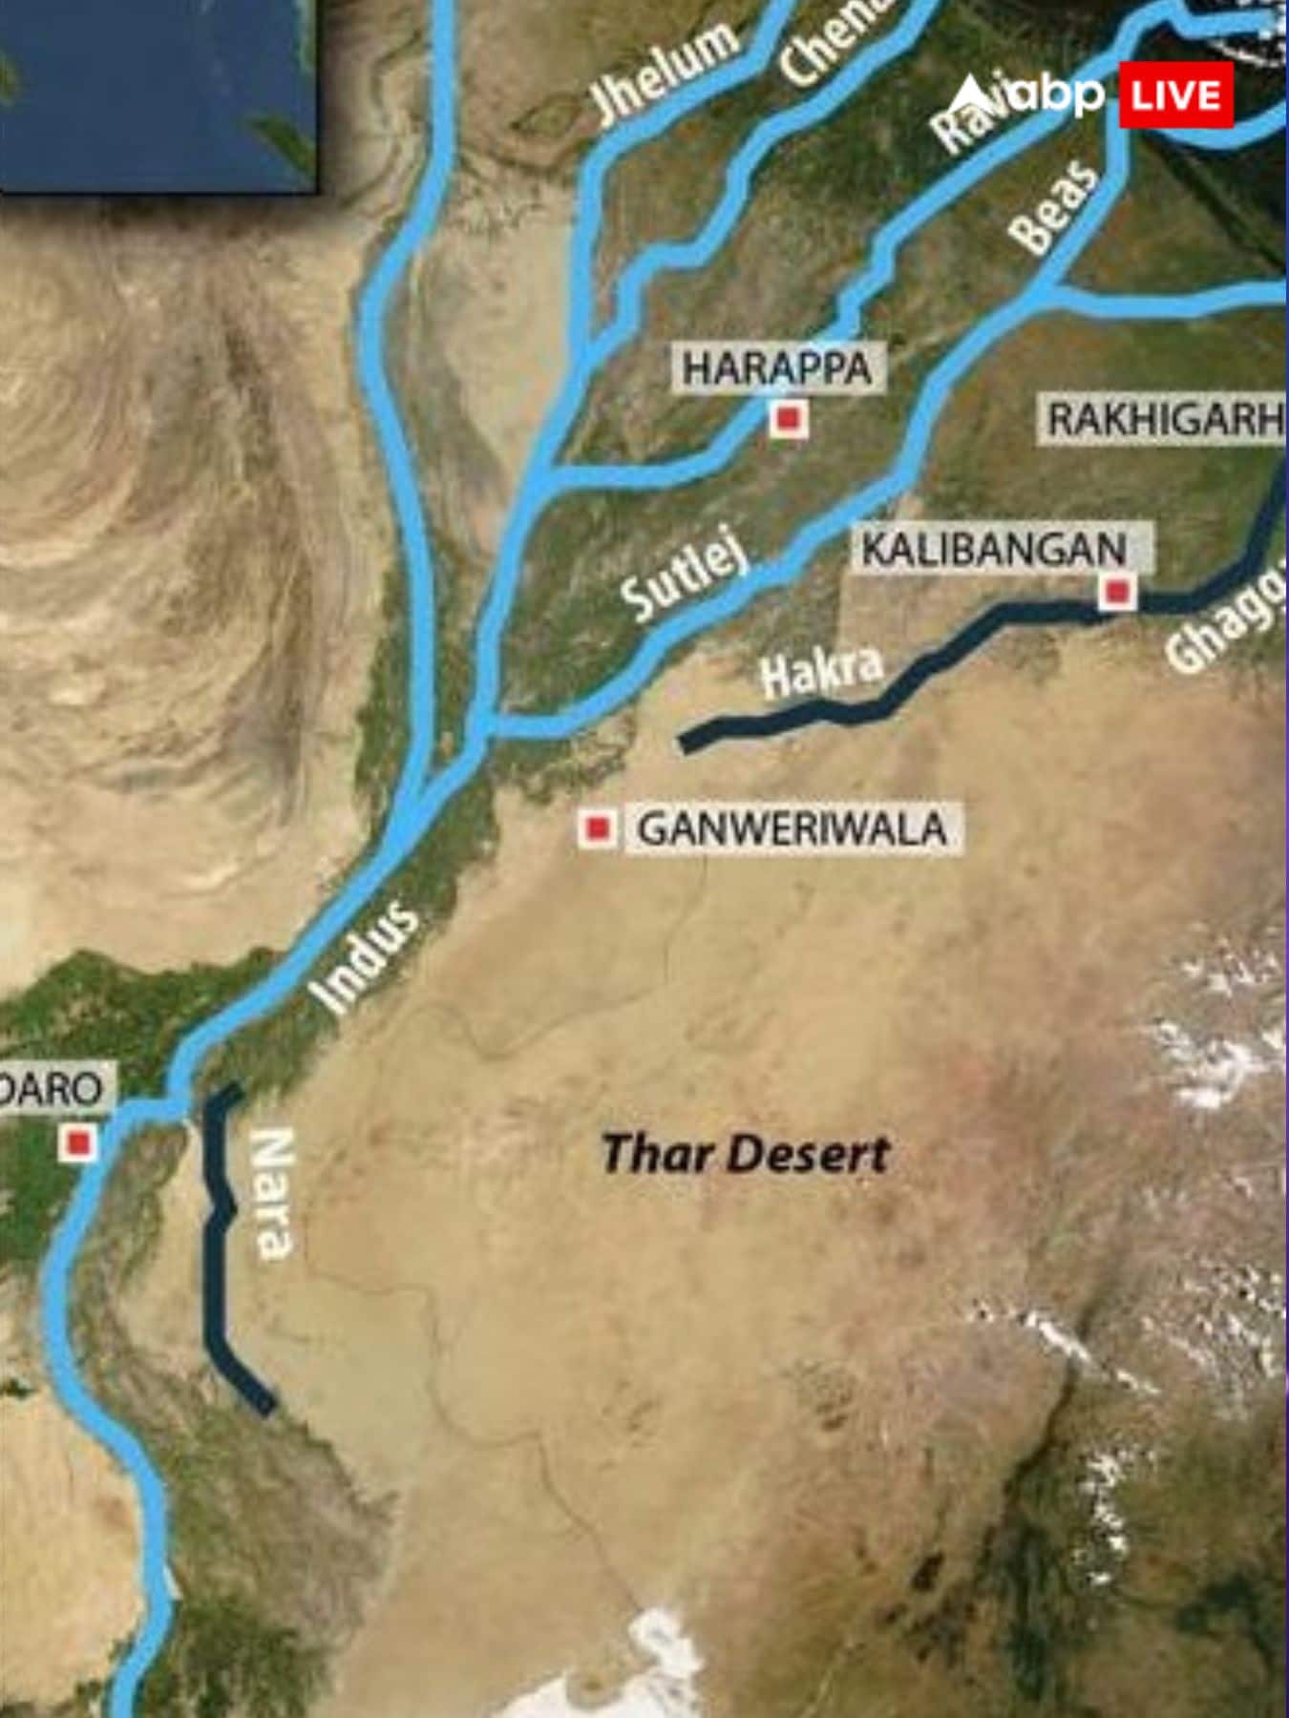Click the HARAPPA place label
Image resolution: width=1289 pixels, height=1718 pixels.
click(776, 368)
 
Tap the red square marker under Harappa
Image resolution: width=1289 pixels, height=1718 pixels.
click(789, 418)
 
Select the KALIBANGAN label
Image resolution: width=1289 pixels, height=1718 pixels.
click(994, 550)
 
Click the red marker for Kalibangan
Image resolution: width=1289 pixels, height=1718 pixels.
click(1116, 593)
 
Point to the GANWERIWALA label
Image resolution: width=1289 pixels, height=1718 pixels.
click(792, 828)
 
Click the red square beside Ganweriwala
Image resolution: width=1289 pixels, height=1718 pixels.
click(598, 828)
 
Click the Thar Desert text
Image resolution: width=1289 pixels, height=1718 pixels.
click(746, 1154)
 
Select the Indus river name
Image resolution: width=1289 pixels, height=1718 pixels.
click(365, 958)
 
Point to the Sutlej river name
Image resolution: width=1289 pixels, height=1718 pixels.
click(684, 575)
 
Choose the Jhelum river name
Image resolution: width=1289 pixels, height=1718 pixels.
click(665, 71)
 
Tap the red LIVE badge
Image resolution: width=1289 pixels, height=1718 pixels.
click(1175, 95)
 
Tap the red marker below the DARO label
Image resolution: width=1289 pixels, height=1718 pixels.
click(78, 1142)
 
